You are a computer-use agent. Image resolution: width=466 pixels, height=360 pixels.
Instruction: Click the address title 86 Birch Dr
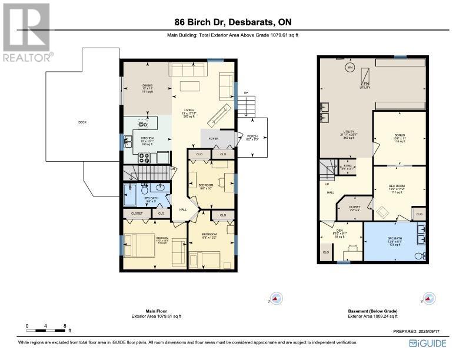coord(232,23)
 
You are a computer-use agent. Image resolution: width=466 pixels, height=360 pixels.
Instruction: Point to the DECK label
coord(82,122)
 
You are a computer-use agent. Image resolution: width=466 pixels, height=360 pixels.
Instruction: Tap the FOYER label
coord(214,140)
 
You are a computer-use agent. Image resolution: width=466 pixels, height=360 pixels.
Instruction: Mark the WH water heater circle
coord(349,68)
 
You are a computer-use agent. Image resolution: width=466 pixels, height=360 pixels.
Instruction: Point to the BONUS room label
coord(400,135)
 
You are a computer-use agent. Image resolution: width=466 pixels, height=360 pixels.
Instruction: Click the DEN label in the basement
coord(339,231)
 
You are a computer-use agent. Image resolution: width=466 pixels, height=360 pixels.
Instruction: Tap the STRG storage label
coord(347,167)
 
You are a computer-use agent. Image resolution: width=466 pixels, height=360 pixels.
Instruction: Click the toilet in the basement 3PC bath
coord(418,256)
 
